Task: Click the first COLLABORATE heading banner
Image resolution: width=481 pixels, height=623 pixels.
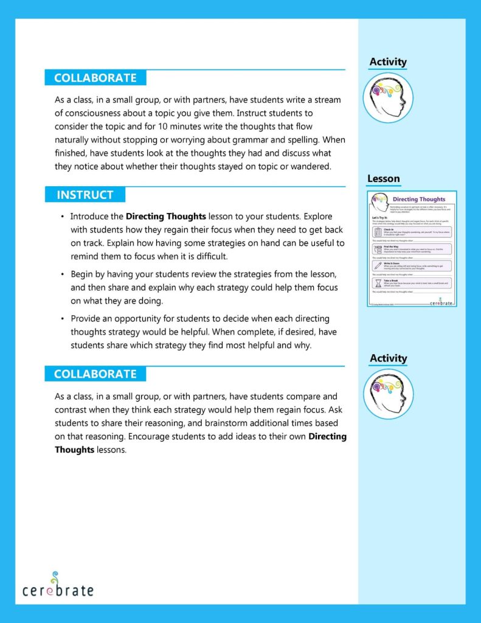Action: coord(95,78)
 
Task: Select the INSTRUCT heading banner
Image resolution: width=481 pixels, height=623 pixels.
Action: coord(85,195)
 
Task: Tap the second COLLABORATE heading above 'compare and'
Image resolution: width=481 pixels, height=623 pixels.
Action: coord(95,374)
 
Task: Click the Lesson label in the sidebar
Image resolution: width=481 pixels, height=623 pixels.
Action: coord(384,179)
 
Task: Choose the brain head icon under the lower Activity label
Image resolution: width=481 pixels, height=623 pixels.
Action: coord(388,394)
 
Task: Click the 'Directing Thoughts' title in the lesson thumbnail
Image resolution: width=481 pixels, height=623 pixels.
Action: coord(419,199)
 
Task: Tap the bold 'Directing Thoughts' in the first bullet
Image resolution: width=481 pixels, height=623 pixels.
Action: coord(166,216)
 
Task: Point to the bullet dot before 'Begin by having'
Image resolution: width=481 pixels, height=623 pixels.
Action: coord(63,274)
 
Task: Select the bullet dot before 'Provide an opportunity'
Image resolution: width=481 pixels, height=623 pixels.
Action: coord(63,319)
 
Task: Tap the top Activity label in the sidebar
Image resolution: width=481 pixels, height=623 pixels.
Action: coord(388,62)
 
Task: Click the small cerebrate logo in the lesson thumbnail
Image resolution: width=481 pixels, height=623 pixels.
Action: coord(442,301)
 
